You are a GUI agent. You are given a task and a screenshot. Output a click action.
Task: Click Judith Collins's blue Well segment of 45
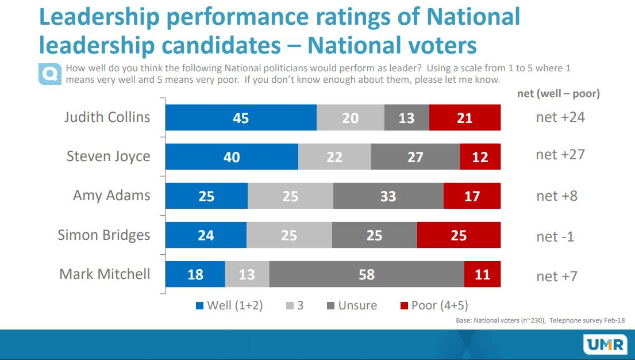241,118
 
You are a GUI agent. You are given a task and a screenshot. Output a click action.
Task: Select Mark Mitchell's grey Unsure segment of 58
366,274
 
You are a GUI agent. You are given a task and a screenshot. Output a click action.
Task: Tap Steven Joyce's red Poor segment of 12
480,157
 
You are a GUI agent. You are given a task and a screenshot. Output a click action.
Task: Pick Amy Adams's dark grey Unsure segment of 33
388,196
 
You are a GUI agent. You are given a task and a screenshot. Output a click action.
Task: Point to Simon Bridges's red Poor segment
459,235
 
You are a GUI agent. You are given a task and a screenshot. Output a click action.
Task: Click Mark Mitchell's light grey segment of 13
247,274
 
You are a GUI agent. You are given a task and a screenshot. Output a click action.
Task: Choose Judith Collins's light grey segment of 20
350,118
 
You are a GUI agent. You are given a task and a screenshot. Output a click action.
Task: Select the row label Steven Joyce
108,156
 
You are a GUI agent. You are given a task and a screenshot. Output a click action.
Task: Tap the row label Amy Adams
111,195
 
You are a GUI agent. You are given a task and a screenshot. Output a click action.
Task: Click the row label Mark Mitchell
105,274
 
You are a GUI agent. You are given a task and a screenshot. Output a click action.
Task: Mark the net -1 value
555,236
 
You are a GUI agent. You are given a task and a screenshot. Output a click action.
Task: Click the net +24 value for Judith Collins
560,117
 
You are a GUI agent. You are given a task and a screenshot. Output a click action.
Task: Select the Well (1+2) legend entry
230,305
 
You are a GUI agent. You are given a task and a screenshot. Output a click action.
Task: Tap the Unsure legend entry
352,305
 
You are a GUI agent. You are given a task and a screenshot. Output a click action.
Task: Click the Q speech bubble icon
49,74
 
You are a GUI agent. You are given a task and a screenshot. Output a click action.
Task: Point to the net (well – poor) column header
558,94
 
